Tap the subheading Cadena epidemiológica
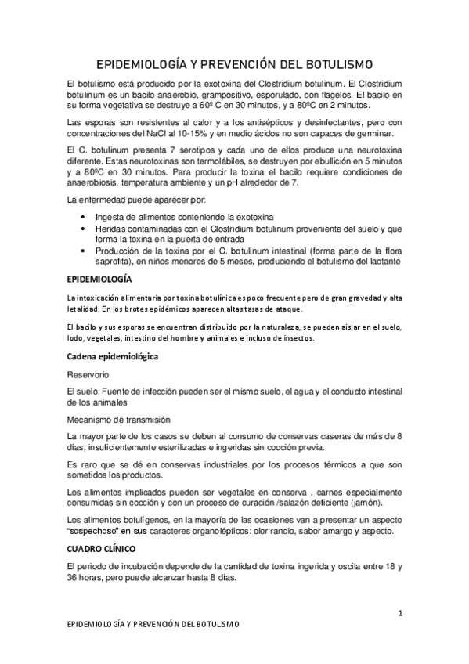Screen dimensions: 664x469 114,357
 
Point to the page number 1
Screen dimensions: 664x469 400,614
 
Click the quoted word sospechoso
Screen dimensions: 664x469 97,531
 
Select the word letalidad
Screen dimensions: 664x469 86,309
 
